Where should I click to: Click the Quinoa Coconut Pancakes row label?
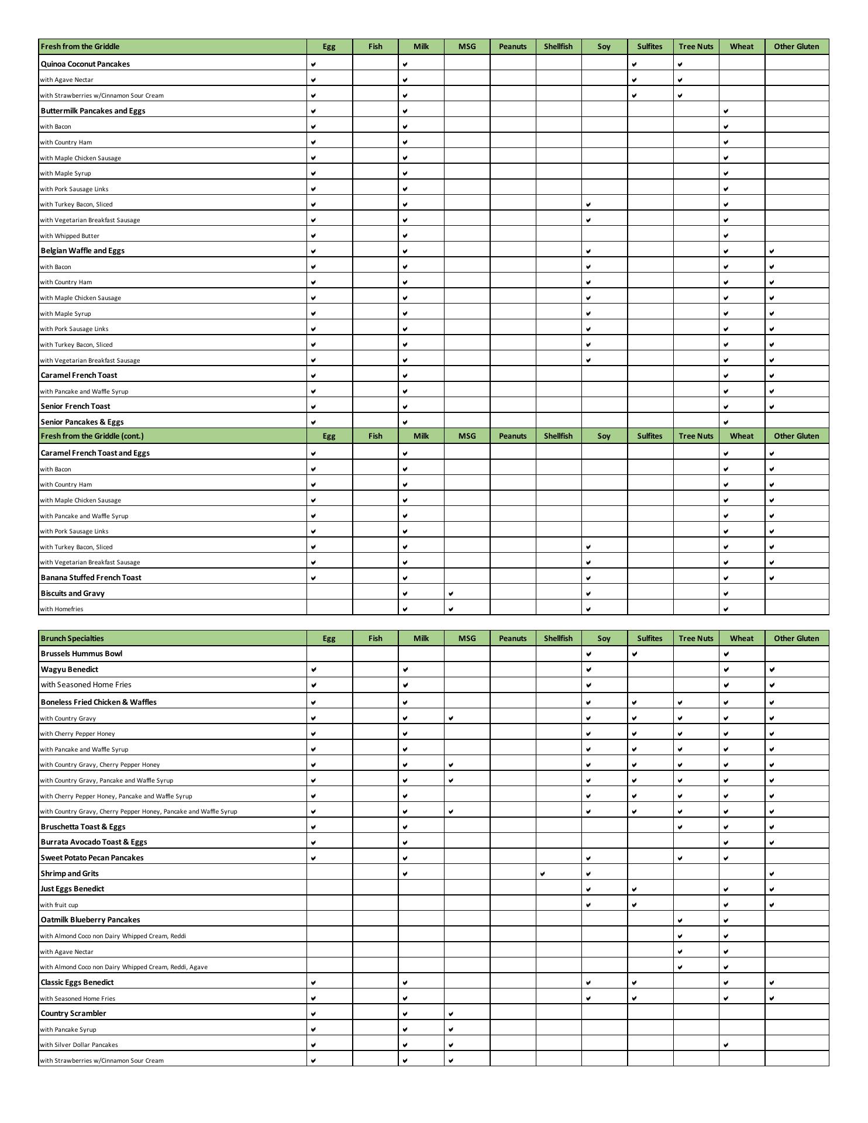(85, 64)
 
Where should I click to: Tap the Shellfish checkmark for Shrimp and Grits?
(543, 874)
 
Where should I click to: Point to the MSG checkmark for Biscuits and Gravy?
(451, 594)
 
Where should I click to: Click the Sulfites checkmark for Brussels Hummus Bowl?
(635, 654)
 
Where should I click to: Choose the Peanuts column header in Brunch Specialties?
(512, 638)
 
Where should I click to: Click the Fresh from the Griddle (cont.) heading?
(92, 436)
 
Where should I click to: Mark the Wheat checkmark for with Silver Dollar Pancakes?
(726, 1045)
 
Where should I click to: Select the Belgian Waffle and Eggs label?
(82, 250)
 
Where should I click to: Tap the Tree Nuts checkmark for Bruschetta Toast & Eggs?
(680, 827)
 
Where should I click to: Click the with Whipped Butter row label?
(70, 236)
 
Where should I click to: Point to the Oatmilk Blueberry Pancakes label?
(90, 919)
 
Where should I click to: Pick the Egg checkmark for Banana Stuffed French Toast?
(314, 578)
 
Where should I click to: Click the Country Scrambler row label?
(73, 1013)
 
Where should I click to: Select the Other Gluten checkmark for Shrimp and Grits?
(772, 874)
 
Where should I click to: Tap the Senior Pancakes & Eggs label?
(82, 422)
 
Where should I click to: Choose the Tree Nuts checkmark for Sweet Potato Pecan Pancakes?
(680, 858)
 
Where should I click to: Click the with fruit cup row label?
(59, 905)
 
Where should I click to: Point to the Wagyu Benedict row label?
(70, 669)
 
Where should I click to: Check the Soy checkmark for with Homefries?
(588, 609)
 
